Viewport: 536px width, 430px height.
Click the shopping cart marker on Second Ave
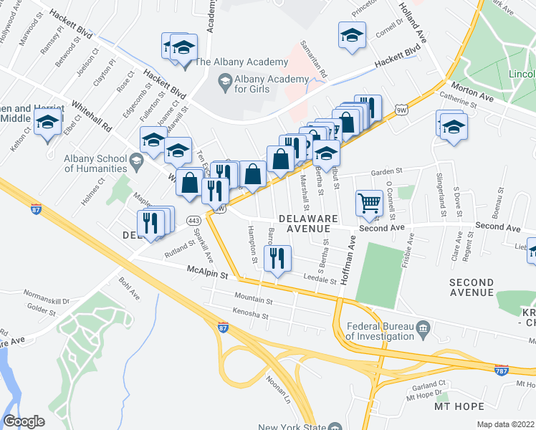(x=369, y=204)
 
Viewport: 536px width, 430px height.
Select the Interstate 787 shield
(x=503, y=371)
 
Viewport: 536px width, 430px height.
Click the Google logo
(x=24, y=421)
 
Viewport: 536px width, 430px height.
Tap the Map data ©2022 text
(x=505, y=424)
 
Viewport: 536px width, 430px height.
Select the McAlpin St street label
(x=207, y=274)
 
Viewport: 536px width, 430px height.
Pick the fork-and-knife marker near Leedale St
(x=277, y=258)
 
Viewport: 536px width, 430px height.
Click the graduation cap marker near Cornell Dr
(x=352, y=35)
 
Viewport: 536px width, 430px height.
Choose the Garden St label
(x=388, y=173)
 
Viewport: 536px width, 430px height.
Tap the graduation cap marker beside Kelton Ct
(x=47, y=125)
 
